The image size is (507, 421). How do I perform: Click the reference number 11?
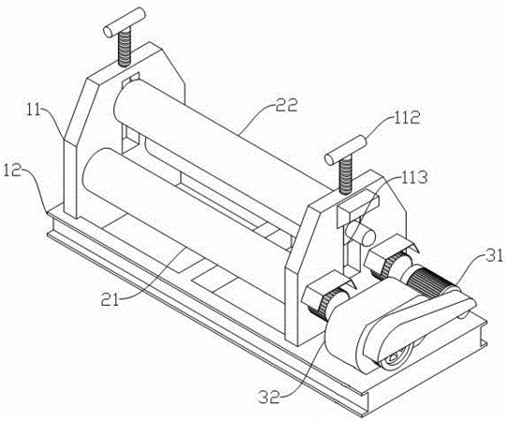35,111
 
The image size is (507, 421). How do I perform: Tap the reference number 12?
12,169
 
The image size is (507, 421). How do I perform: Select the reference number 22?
286,106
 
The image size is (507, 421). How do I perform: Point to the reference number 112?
407,118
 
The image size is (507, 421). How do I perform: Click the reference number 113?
414,177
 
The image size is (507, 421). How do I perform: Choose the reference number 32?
268,398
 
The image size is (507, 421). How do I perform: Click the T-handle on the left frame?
124,22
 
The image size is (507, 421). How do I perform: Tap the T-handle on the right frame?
346,150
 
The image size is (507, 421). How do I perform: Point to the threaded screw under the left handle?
124,48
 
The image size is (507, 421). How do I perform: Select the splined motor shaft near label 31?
432,283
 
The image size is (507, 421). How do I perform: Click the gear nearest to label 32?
327,304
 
